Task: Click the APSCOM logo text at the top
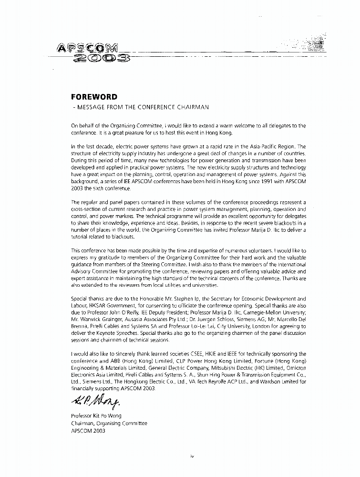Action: (x=88, y=48)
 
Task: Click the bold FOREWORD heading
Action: (x=94, y=97)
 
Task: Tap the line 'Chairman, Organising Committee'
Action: (x=109, y=423)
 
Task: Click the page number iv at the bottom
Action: (x=192, y=456)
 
